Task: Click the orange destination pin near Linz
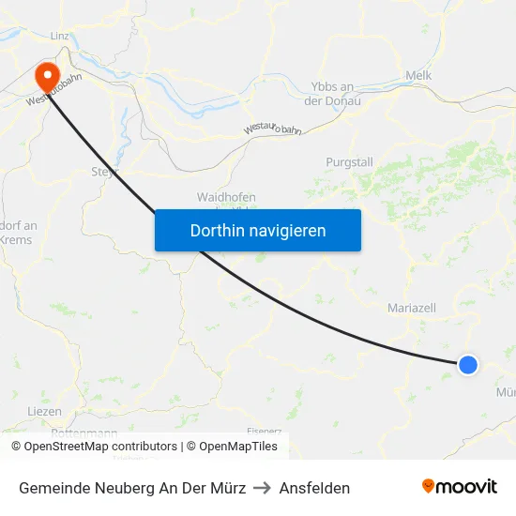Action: click(45, 74)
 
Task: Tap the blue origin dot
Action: click(467, 365)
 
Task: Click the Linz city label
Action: click(60, 36)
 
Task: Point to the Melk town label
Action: click(417, 75)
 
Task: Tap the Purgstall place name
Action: click(349, 161)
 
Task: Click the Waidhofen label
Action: click(226, 197)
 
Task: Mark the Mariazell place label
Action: click(411, 308)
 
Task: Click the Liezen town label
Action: click(44, 411)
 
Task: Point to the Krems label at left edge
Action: click(17, 240)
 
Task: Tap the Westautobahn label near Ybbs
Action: click(272, 128)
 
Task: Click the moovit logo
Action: click(460, 487)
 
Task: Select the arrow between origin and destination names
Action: click(263, 488)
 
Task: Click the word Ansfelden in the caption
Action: click(314, 488)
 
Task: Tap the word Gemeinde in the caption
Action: click(52, 488)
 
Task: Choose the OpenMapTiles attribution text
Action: click(232, 447)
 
